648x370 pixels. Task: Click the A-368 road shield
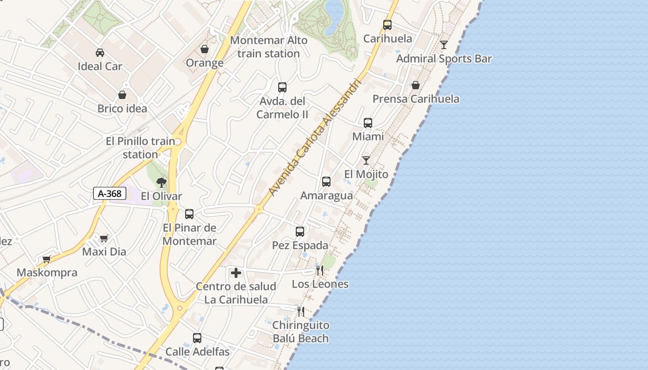coord(110,193)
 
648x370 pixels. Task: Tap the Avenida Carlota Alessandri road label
coord(314,137)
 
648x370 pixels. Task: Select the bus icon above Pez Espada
coord(300,231)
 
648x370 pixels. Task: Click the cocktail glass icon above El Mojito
coord(366,160)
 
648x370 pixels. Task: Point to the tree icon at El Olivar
coord(161,182)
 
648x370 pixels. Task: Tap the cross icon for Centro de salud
coord(236,273)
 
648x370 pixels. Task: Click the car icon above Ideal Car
coord(100,52)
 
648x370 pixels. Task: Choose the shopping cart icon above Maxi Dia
coord(104,238)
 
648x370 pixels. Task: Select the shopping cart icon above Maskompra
coord(46,259)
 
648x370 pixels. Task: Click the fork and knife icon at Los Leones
coord(320,270)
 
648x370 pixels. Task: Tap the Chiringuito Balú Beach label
coord(301,332)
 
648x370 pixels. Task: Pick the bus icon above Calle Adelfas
coord(197,338)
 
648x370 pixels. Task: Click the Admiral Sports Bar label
coord(444,59)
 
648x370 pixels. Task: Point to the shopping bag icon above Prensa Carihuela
coord(416,85)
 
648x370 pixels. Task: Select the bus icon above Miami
coord(368,123)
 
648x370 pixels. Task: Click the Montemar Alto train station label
coord(268,47)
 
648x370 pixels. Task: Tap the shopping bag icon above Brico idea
coord(122,95)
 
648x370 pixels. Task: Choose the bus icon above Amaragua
coord(326,182)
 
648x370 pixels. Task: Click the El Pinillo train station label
coord(140,148)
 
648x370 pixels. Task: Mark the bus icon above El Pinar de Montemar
coord(189,214)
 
